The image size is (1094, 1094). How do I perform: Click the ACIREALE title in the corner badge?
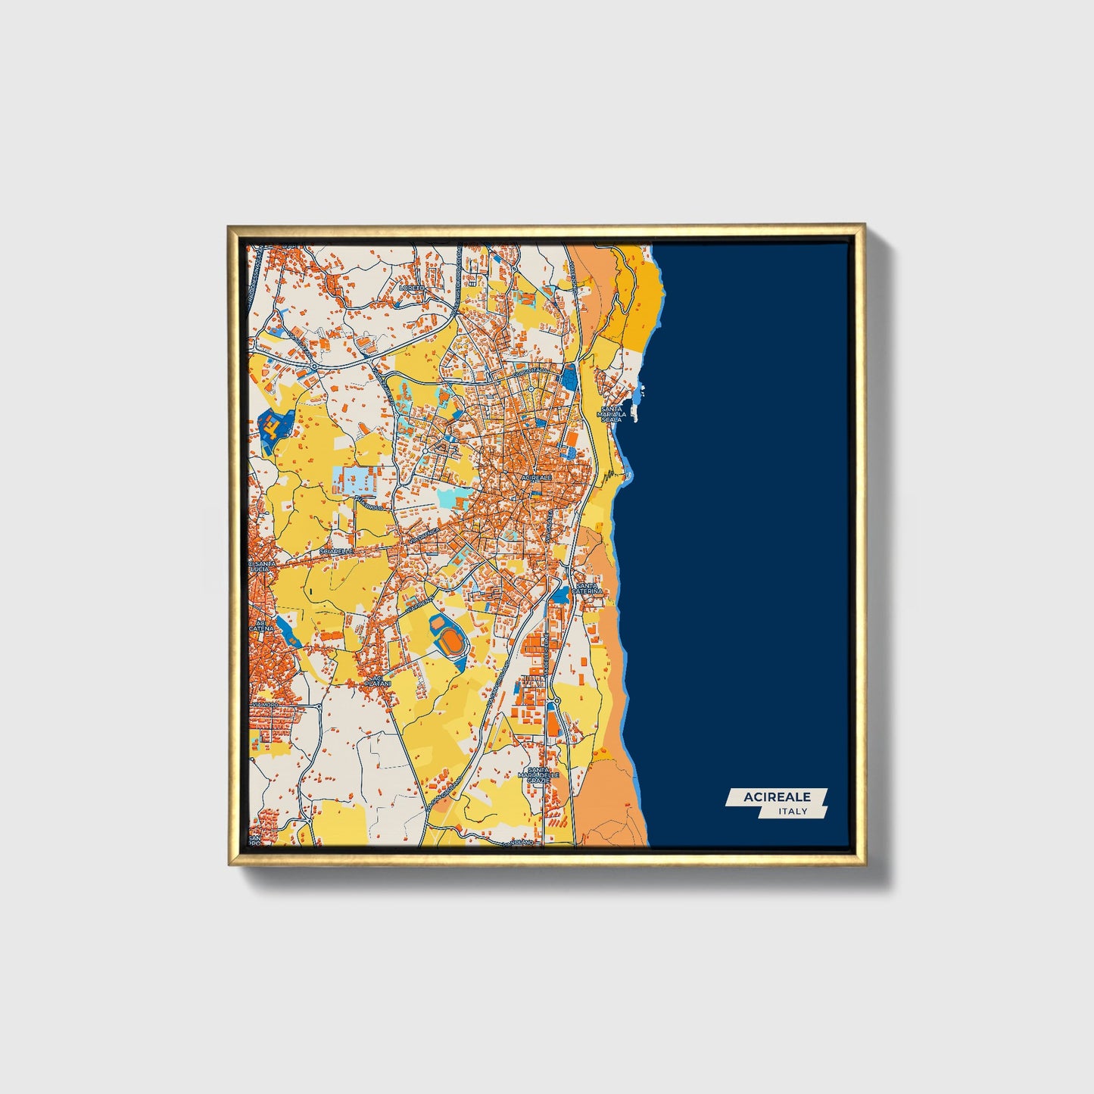(x=777, y=796)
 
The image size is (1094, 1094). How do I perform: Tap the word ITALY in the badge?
(x=793, y=812)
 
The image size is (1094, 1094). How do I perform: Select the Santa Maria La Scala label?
(x=610, y=414)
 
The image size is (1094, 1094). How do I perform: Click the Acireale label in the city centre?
(x=538, y=478)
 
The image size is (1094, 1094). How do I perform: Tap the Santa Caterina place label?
(x=589, y=589)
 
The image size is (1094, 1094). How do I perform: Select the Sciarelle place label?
(x=337, y=551)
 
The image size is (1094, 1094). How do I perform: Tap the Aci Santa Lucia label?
(x=263, y=567)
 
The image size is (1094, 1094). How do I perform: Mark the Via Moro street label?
(x=264, y=705)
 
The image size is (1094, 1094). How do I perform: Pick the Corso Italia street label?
(x=530, y=371)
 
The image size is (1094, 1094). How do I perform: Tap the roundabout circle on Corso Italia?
(x=531, y=389)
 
